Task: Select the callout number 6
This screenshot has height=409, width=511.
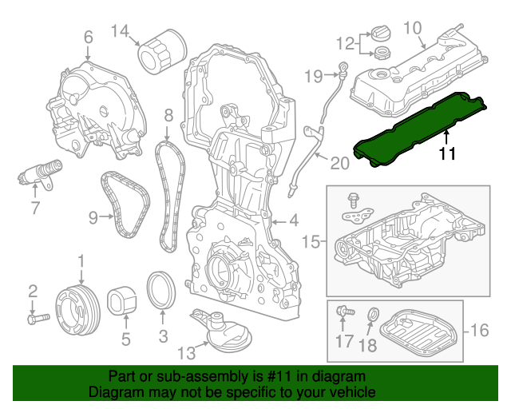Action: coord(88,36)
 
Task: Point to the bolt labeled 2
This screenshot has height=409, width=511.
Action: coord(36,319)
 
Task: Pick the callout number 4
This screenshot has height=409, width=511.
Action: coord(293,220)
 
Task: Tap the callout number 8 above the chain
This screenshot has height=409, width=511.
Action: coord(168,117)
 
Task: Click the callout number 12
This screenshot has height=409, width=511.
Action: coord(344,42)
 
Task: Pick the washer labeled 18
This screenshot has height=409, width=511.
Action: coord(372,312)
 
